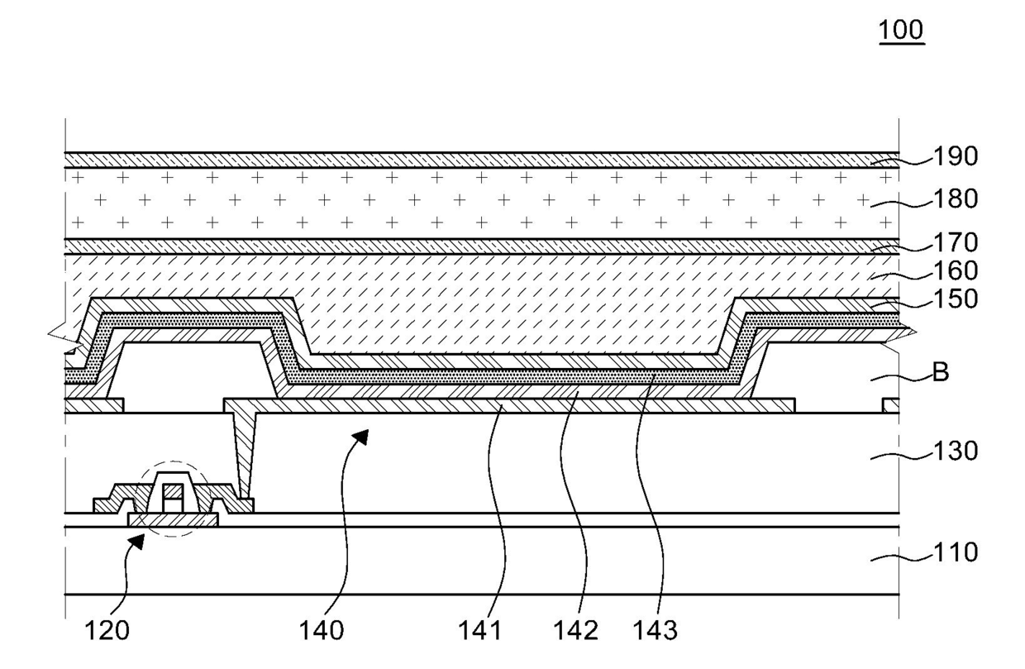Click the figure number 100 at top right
click(x=901, y=31)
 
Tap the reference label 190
click(x=956, y=156)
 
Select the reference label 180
click(x=956, y=199)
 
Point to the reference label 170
click(x=956, y=243)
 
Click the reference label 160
click(x=956, y=271)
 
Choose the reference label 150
click(x=956, y=299)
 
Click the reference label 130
click(x=956, y=452)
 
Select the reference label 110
click(x=956, y=552)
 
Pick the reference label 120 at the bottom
click(x=107, y=631)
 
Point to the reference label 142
click(x=575, y=631)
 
